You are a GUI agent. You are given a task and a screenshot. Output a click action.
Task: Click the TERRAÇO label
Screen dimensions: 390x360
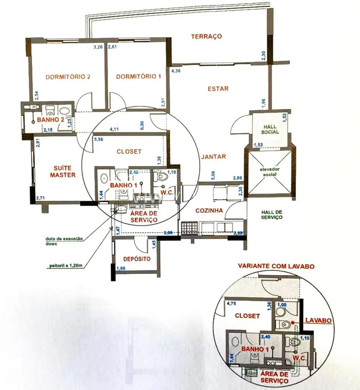(206, 36)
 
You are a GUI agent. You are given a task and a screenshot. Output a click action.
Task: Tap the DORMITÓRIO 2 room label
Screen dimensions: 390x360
(68, 77)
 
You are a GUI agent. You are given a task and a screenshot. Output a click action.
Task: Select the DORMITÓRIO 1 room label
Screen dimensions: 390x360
(138, 77)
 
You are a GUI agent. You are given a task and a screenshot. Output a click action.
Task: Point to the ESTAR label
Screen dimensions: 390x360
(218, 88)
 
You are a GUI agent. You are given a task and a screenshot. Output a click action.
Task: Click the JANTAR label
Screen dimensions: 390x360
(214, 157)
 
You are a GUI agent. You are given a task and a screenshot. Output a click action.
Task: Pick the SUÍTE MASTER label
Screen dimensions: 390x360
(63, 172)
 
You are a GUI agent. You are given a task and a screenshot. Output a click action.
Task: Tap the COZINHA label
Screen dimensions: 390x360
(209, 211)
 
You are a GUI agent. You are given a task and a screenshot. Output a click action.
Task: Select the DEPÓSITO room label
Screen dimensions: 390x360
(137, 259)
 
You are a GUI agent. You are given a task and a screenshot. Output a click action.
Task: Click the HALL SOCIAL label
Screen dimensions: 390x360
(270, 129)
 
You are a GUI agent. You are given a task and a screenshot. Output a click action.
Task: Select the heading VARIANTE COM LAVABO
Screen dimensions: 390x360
(276, 266)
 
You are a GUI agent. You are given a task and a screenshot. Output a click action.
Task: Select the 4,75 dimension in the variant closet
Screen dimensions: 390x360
(231, 304)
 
